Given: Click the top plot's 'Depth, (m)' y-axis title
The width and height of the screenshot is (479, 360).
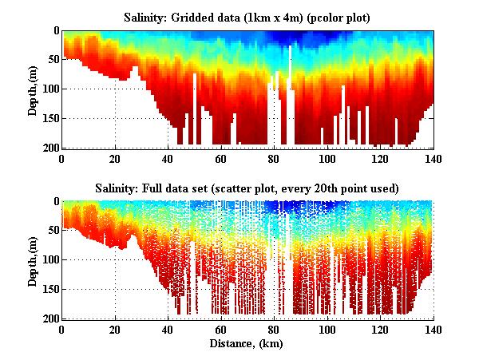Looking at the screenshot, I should click(33, 89).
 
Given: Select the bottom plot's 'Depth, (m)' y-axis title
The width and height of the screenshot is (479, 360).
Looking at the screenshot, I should click(33, 259).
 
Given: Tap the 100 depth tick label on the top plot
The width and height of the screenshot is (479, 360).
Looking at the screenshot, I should click(49, 89).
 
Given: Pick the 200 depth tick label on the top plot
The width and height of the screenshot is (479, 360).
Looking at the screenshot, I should click(49, 148).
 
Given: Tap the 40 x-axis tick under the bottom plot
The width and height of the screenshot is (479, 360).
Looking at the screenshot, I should click(168, 328).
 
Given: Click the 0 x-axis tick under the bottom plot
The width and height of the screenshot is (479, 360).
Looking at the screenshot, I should click(62, 328).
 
